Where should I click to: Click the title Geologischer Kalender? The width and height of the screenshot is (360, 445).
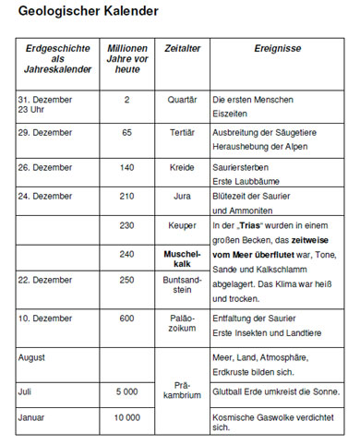click(87, 12)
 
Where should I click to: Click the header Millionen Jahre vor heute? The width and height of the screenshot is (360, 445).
click(126, 60)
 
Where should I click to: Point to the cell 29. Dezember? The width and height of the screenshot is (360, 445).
click(45, 133)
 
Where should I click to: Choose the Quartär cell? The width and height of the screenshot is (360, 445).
click(182, 99)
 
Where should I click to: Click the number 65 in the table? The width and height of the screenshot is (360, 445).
click(126, 133)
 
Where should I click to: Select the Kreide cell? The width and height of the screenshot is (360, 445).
click(182, 167)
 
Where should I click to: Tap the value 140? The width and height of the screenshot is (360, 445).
click(126, 167)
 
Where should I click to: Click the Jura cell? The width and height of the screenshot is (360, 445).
click(182, 196)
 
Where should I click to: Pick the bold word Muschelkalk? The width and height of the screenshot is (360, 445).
click(182, 258)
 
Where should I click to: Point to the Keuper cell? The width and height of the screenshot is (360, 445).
click(182, 225)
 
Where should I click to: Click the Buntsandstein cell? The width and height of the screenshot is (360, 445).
click(182, 285)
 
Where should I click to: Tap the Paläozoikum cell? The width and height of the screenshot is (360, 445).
click(182, 325)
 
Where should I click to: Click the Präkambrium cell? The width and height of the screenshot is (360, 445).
click(182, 391)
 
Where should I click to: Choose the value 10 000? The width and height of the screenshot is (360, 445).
click(126, 417)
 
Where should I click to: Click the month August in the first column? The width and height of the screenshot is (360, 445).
click(34, 355)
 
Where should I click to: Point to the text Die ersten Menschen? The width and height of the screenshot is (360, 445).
click(252, 99)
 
